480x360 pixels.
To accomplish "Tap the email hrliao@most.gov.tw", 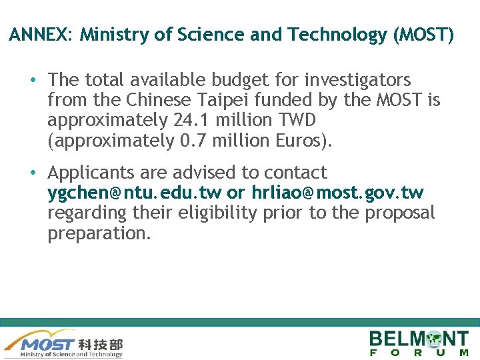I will [x=337, y=193].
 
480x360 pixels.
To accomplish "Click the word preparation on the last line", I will [x=99, y=233].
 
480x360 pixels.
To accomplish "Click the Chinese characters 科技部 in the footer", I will [x=101, y=345].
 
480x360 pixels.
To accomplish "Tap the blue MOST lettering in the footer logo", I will [x=47, y=345].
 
